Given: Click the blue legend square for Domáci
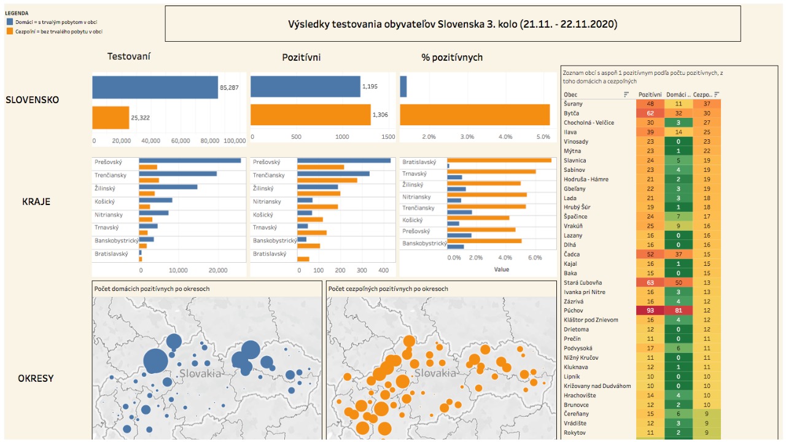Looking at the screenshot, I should click(x=10, y=21).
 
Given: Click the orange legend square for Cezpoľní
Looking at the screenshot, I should click(x=10, y=31).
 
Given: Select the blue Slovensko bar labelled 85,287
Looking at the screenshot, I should click(x=155, y=87).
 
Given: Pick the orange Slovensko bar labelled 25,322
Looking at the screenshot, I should click(x=111, y=117).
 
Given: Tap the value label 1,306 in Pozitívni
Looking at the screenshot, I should click(x=380, y=115).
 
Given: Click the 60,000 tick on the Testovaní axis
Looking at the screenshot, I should click(x=181, y=141).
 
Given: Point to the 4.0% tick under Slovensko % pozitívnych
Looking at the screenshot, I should click(x=505, y=136).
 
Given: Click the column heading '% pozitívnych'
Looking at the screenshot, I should click(x=452, y=57).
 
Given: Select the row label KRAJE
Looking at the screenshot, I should click(x=36, y=201).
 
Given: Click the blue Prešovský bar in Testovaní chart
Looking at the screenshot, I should click(x=189, y=161).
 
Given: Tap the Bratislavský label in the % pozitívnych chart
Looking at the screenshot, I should click(x=419, y=163).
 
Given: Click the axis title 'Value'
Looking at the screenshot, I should click(x=501, y=269).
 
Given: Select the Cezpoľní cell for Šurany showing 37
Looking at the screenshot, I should click(x=706, y=104).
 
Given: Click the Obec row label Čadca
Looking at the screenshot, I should click(x=572, y=254).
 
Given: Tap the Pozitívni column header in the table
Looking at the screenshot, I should click(x=650, y=95).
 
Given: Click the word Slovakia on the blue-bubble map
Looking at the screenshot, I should click(x=200, y=373).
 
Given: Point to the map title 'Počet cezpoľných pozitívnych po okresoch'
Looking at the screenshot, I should click(x=388, y=289).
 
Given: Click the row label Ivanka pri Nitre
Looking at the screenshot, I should click(x=585, y=292).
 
